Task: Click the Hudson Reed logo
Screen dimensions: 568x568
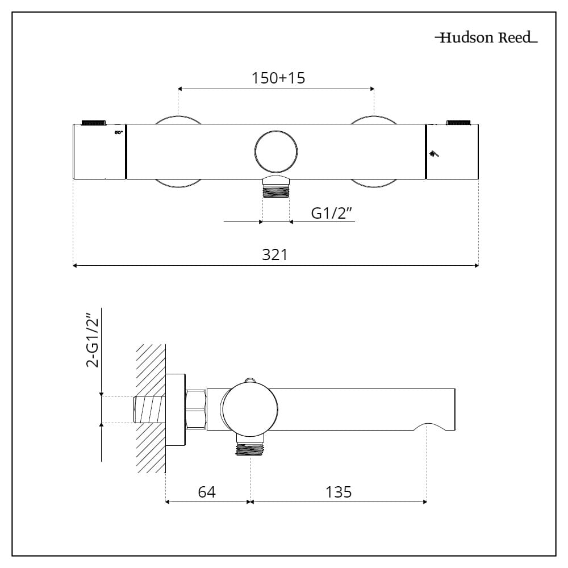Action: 486,38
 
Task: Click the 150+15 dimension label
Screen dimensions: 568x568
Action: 278,78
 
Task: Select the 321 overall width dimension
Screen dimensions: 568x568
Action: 274,255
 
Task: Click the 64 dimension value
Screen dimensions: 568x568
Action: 207,491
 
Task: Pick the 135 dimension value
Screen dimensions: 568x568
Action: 339,491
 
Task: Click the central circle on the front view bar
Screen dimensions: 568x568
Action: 276,151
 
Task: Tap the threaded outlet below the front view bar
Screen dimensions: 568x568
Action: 276,189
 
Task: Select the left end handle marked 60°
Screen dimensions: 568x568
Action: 99,152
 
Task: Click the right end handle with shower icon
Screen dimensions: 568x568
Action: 452,152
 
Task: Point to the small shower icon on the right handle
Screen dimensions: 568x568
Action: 435,153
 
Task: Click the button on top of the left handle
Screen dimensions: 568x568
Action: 94,122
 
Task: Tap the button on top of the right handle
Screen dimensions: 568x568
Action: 460,122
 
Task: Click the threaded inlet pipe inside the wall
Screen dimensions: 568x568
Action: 149,410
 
